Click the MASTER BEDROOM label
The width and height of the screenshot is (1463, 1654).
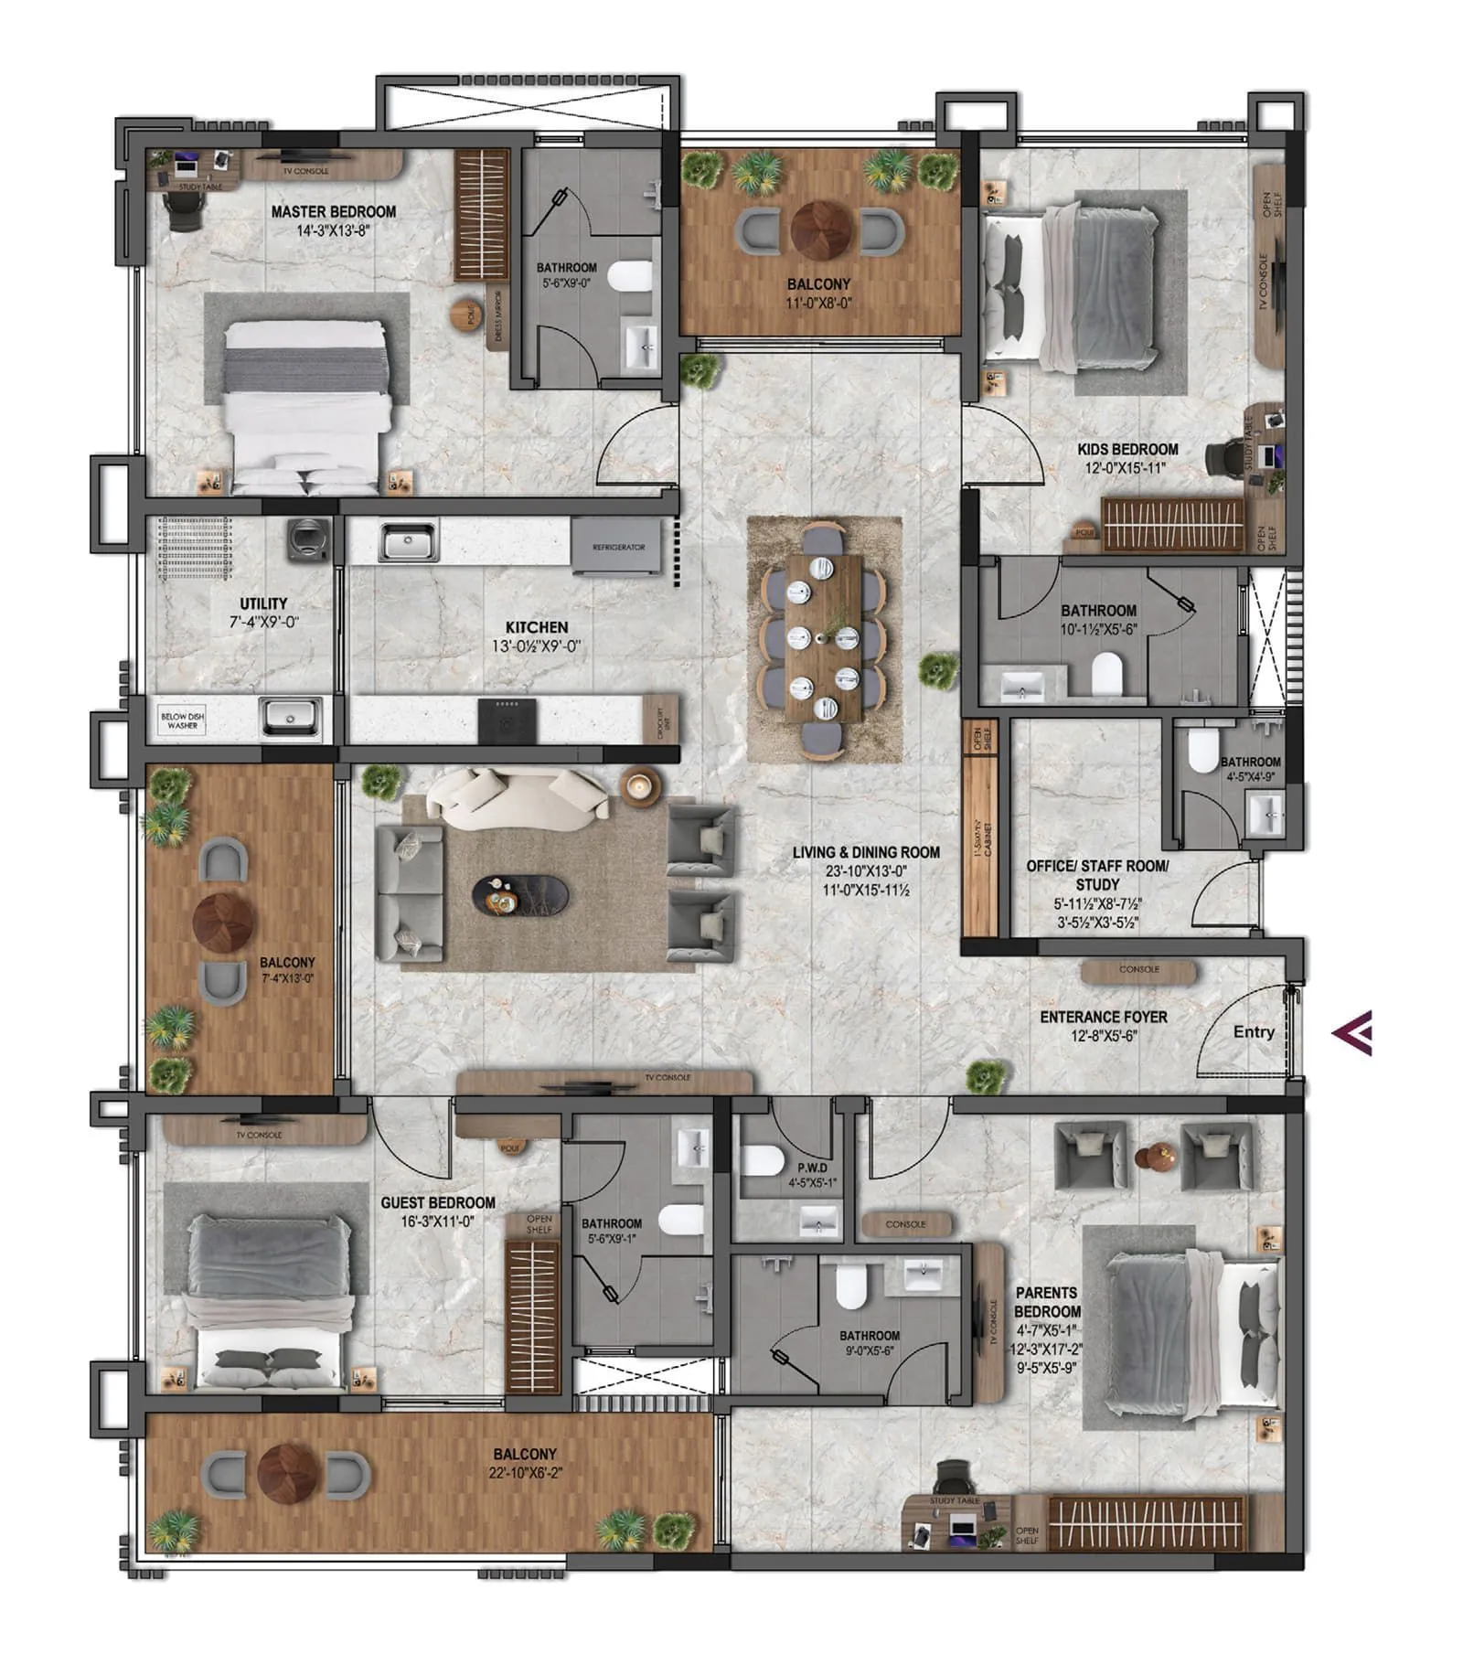334,211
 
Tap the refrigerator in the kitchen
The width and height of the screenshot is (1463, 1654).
617,547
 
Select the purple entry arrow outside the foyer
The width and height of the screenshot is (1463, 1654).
1352,1033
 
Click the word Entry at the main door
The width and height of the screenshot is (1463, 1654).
1253,1031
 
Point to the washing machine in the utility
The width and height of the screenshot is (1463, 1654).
305,539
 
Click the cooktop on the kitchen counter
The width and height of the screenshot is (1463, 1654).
507,719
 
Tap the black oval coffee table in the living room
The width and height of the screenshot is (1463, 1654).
519,894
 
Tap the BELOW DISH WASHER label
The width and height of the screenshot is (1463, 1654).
182,720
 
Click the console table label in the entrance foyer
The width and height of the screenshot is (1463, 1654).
1138,969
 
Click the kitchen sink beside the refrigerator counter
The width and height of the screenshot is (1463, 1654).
409,541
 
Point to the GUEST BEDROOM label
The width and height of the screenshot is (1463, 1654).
438,1202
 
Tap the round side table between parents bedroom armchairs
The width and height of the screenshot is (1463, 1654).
1154,1158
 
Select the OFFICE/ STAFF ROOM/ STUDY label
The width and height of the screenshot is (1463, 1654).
1096,874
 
